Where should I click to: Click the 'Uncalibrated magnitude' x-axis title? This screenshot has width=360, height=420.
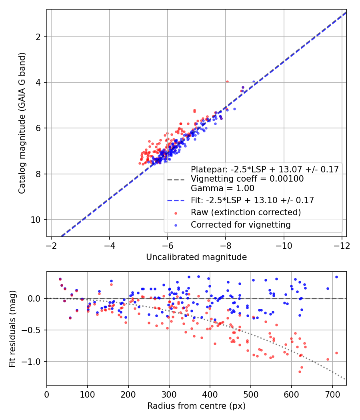click(x=196, y=257)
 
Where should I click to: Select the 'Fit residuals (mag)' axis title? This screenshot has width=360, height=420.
click(x=12, y=328)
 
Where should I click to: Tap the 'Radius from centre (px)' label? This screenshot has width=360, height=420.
click(x=196, y=406)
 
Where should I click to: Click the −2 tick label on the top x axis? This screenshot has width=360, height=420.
click(x=51, y=245)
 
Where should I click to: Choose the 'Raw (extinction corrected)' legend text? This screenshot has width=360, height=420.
click(x=246, y=212)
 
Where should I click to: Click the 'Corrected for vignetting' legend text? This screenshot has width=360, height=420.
click(x=240, y=225)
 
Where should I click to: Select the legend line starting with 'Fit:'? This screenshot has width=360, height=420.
click(x=252, y=200)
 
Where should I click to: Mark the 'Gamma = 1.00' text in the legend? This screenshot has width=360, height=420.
click(x=222, y=188)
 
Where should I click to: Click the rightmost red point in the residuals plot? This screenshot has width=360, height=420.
click(x=336, y=353)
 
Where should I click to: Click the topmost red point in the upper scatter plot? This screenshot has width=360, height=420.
click(x=227, y=82)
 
